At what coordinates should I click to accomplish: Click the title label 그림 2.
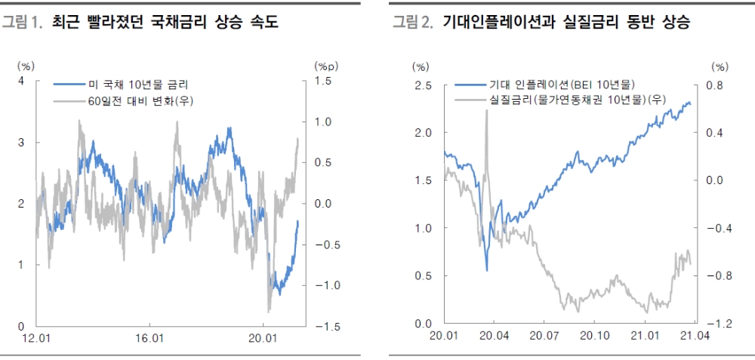[x=413, y=23]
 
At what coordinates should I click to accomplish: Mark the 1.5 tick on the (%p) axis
[x=323, y=81]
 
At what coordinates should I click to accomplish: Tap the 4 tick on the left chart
[x=21, y=81]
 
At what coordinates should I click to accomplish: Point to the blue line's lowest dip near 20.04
[x=486, y=269]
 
